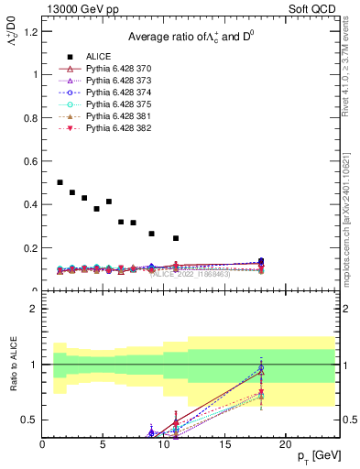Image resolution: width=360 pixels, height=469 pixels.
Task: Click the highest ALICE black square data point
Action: [x=60, y=182]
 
